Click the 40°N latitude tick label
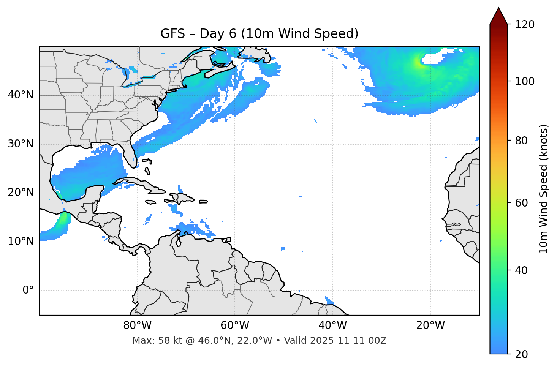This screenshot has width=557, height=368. pos(21,95)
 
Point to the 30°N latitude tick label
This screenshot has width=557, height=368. pos(21,144)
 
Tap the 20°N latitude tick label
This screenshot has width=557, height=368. pos(21,193)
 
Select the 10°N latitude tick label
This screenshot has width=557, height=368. pos(21,242)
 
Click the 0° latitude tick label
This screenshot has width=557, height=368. pos(28,291)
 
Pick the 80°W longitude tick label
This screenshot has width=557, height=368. pos(137,325)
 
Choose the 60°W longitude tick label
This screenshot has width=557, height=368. pos(235,325)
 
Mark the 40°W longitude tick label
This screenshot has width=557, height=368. pos(332,325)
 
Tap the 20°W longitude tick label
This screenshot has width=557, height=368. pos(430,325)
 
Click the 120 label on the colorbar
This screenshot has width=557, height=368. pos(525,25)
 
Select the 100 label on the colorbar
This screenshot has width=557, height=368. pos(525,81)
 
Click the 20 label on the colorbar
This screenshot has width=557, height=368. pos(521,354)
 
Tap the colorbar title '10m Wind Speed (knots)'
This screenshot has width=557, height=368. pos(544,189)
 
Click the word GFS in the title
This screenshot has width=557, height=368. pos(172,34)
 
